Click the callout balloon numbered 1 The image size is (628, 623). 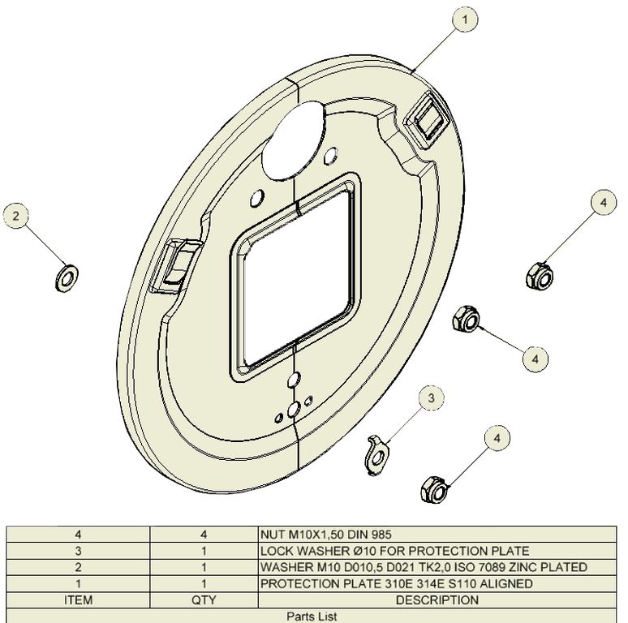click(x=465, y=19)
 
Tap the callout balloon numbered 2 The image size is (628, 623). click(x=16, y=217)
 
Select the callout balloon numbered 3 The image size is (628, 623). click(x=432, y=398)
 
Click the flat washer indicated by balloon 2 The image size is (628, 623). click(x=66, y=277)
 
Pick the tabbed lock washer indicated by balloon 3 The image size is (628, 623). click(x=377, y=454)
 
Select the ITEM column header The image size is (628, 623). click(x=79, y=599)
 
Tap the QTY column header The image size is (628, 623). click(x=204, y=599)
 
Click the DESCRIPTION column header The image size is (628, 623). click(x=437, y=599)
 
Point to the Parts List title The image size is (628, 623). click(x=312, y=617)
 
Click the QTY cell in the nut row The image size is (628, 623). click(x=204, y=535)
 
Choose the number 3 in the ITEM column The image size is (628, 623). click(x=79, y=551)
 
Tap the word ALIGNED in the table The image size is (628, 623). click(x=506, y=584)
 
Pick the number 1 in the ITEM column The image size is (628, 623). click(x=79, y=584)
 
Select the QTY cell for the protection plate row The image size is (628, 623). click(x=204, y=584)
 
